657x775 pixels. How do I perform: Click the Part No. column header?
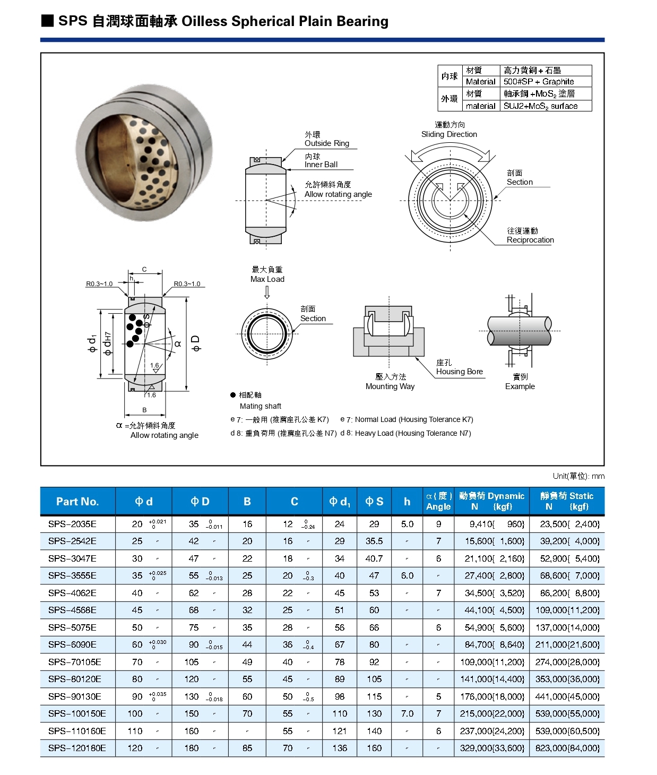(x=77, y=501)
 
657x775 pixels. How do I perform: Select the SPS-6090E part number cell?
(x=72, y=644)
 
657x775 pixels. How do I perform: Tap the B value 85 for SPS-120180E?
(x=247, y=748)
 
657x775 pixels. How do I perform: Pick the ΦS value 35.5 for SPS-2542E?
(x=374, y=541)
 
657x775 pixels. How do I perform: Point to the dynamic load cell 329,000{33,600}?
(x=492, y=748)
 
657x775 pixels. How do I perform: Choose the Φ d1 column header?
(x=340, y=501)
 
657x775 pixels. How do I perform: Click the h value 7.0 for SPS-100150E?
(x=407, y=713)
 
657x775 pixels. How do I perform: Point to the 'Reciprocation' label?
(x=530, y=239)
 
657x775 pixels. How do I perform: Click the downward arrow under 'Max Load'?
(x=267, y=292)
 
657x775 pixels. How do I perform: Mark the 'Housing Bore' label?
(x=459, y=372)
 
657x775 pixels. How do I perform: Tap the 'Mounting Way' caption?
(x=390, y=386)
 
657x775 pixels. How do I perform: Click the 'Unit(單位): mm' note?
(x=578, y=476)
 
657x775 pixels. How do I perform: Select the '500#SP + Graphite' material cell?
(x=539, y=82)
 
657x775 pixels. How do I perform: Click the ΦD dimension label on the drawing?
(x=196, y=343)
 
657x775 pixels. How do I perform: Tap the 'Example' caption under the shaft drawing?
(x=520, y=386)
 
